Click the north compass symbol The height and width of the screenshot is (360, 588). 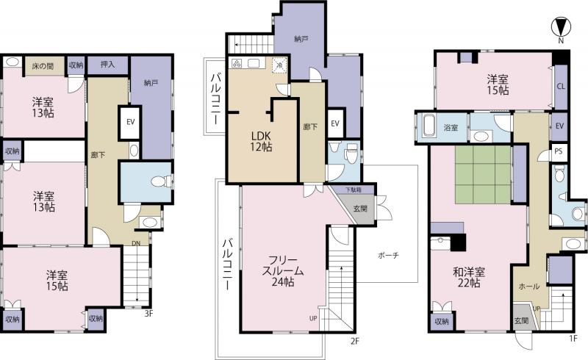coord(561,27)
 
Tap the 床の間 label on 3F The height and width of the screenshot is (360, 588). coord(43,66)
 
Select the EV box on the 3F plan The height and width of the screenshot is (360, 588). coord(131,122)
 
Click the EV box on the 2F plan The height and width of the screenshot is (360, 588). coord(335,123)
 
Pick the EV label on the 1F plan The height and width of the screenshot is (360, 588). coord(559,126)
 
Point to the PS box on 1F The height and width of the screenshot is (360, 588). coord(559,151)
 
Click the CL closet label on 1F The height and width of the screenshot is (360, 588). coord(561,87)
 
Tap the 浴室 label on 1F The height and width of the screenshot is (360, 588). coord(451,128)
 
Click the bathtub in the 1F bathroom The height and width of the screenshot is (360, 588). coord(429,128)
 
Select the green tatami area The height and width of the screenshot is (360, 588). coord(484,174)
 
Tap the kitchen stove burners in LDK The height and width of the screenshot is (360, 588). coord(237,64)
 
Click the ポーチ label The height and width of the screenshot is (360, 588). coord(388,256)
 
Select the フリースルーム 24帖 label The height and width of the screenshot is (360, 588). coord(284,271)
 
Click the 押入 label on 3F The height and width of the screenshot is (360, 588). coord(107,65)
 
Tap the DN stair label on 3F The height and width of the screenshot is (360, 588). coord(136,243)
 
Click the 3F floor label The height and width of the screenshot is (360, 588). coord(149,314)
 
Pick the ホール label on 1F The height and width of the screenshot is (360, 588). coord(529,287)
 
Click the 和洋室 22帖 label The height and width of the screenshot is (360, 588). coord(469,278)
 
